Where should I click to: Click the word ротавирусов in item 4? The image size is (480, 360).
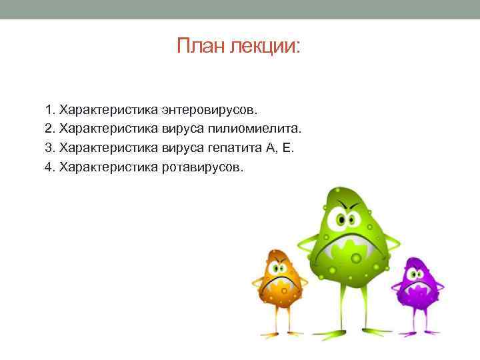[x=203, y=166]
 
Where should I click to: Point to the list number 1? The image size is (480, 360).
[x=48, y=108]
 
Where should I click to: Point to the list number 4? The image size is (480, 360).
[x=48, y=166]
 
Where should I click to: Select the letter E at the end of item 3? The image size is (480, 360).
[x=287, y=147]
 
